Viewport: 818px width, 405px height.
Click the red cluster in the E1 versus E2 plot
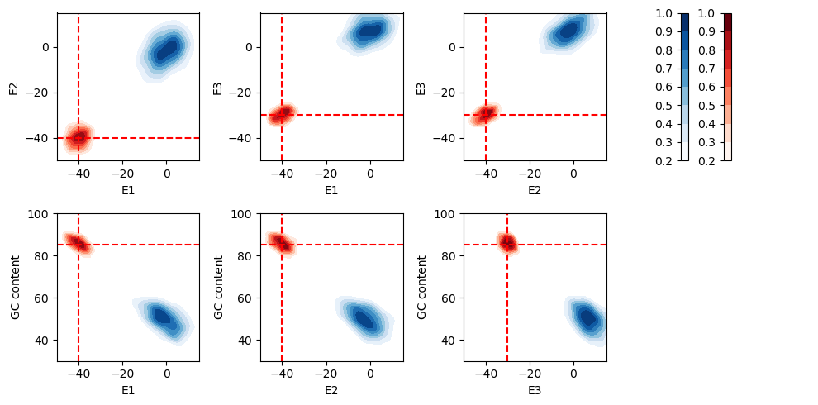[78, 137]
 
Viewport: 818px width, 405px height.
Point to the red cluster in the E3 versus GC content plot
[507, 243]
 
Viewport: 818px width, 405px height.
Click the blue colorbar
[684, 87]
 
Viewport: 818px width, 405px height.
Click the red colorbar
[727, 87]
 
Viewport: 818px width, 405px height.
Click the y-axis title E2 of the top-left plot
[14, 87]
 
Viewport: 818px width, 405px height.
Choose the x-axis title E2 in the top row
[535, 190]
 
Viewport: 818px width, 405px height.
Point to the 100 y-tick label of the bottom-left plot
[42, 214]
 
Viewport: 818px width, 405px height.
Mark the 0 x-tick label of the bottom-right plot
[573, 374]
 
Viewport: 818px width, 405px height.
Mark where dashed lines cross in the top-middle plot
[282, 115]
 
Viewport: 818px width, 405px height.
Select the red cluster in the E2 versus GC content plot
[282, 243]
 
